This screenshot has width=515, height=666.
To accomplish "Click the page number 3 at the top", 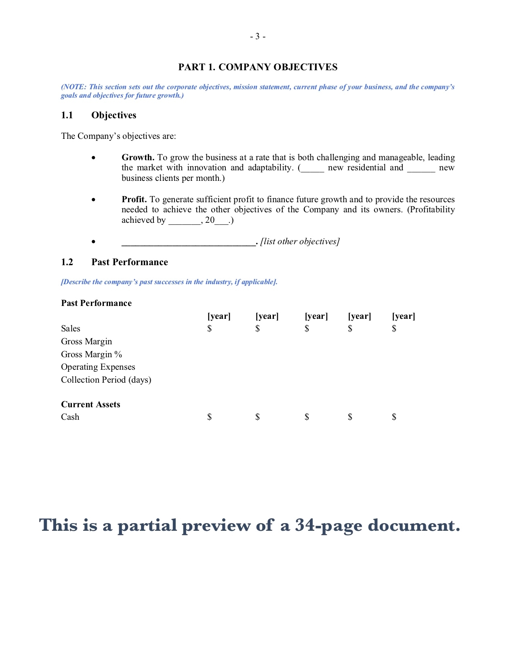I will (257, 37).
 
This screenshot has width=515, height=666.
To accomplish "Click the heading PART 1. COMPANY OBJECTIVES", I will (258, 67).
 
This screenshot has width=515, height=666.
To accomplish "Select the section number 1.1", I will (67, 115).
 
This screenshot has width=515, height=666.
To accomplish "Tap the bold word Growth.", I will (138, 157).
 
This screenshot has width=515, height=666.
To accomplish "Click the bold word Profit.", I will (134, 199).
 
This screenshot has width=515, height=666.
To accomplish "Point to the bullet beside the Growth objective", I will (94, 158).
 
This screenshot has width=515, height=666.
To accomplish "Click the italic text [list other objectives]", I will (300, 241).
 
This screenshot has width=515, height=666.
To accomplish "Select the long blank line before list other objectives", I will (188, 242).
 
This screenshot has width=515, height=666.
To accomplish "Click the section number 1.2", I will (67, 262).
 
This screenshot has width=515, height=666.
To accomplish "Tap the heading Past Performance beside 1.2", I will (130, 262).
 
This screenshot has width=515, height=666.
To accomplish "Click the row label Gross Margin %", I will (91, 354).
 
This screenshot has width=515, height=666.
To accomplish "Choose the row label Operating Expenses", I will (98, 367).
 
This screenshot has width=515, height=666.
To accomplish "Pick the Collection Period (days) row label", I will (106, 380).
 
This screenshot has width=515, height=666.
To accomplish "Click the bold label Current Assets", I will (90, 404).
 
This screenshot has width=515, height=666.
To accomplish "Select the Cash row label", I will (70, 417).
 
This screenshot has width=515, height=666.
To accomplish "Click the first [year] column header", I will (219, 316).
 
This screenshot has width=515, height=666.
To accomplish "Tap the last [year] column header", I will (404, 316).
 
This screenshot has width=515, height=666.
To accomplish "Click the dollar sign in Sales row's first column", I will (209, 329).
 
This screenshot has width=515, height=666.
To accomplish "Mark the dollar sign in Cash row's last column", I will (394, 417).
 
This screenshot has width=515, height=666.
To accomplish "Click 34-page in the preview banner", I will (328, 525).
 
